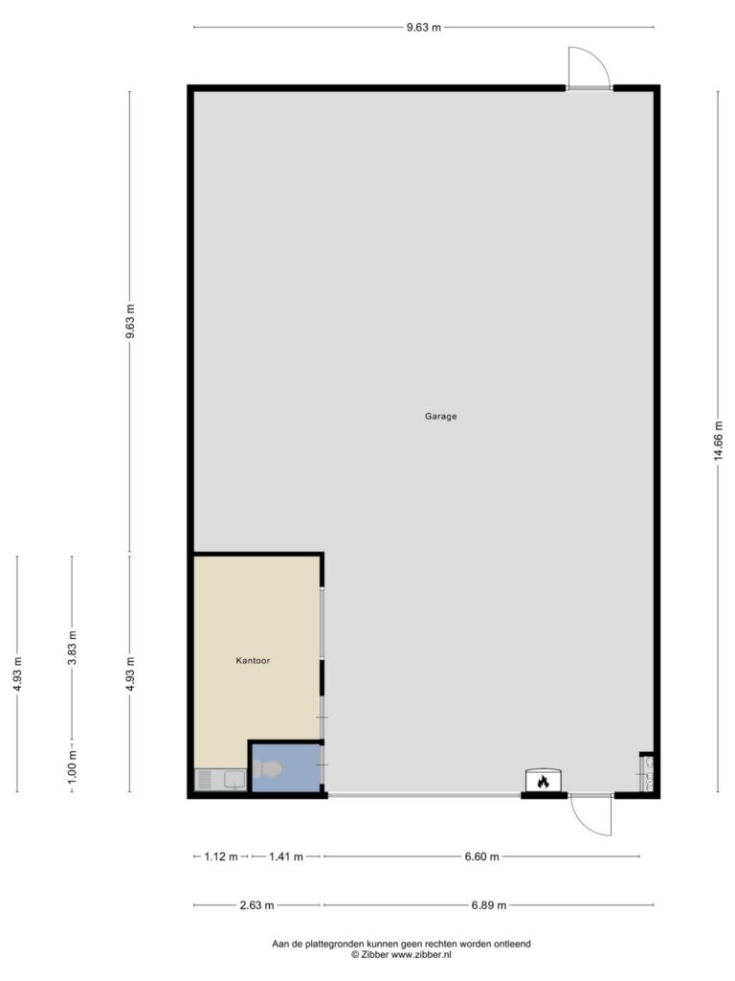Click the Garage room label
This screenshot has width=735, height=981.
coord(440,416)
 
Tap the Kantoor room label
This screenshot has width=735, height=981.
coord(253,660)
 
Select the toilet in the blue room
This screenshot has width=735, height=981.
coord(268,768)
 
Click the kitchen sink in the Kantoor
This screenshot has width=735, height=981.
coord(221,780)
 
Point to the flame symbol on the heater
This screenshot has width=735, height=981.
coord(544,782)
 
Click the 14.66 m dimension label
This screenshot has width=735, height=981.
coord(719,441)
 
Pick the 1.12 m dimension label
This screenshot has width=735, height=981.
coord(221,856)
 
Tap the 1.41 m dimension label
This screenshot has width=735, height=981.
coord(285,856)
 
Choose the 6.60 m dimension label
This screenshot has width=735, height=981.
coord(482,856)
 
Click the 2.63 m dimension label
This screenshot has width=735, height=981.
coord(256,905)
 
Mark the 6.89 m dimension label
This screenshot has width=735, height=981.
coord(489,905)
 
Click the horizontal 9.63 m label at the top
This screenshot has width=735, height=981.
coord(424,28)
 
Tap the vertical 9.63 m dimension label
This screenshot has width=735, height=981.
coord(130,321)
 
